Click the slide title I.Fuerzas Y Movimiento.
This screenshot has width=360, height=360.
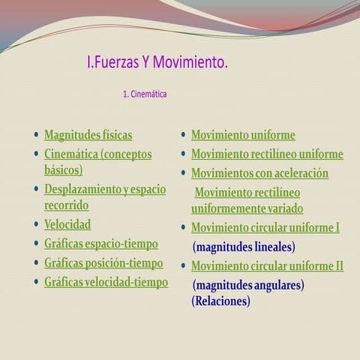(x=157, y=62)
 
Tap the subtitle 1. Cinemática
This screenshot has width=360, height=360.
(x=144, y=95)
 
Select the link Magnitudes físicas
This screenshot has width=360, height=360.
(x=88, y=135)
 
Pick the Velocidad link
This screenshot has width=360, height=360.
(x=67, y=224)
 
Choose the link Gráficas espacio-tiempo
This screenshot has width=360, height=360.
(x=101, y=244)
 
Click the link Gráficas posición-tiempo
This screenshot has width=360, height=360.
(x=103, y=263)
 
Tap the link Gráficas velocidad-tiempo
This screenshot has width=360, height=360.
(x=106, y=283)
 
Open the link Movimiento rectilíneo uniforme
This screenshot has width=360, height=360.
(x=267, y=154)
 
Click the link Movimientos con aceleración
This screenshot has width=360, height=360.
(x=259, y=173)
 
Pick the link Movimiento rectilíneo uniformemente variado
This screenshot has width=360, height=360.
(x=247, y=200)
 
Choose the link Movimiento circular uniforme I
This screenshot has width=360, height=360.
(x=265, y=227)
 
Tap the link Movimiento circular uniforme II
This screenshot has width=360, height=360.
(x=267, y=266)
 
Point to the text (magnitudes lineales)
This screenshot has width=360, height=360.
(x=244, y=246)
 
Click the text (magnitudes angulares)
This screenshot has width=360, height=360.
(x=248, y=286)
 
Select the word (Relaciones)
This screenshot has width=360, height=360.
(x=220, y=301)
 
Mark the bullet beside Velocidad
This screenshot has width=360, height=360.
(x=36, y=224)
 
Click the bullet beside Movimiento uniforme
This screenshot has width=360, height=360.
(x=183, y=135)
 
